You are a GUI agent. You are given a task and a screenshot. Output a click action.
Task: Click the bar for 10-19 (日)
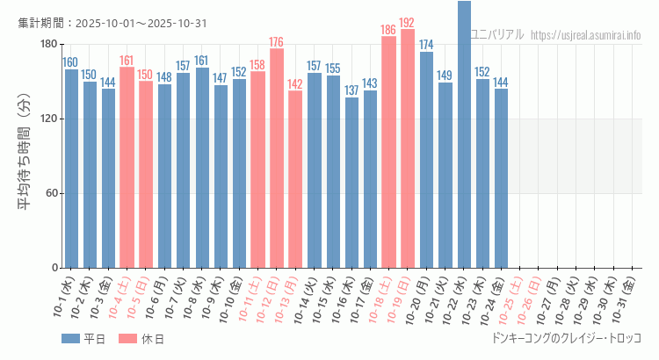coord(408,148)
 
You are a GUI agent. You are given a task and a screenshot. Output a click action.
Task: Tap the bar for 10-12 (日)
coord(277,158)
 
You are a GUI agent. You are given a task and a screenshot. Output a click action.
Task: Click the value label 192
coord(408,23)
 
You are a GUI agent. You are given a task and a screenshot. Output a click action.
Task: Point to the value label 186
coord(388,30)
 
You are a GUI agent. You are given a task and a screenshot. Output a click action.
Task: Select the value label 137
coord(351,90)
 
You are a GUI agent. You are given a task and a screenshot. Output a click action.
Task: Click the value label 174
coord(426,45)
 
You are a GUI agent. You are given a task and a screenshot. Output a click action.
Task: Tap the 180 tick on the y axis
coord(48,45)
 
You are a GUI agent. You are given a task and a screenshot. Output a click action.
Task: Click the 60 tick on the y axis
coord(51,193)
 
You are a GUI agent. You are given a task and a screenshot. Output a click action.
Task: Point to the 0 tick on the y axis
coord(54,268)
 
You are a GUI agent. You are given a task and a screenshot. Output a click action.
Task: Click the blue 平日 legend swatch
coord(70,338)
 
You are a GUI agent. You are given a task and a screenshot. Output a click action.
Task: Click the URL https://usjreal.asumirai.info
coord(586,35)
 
